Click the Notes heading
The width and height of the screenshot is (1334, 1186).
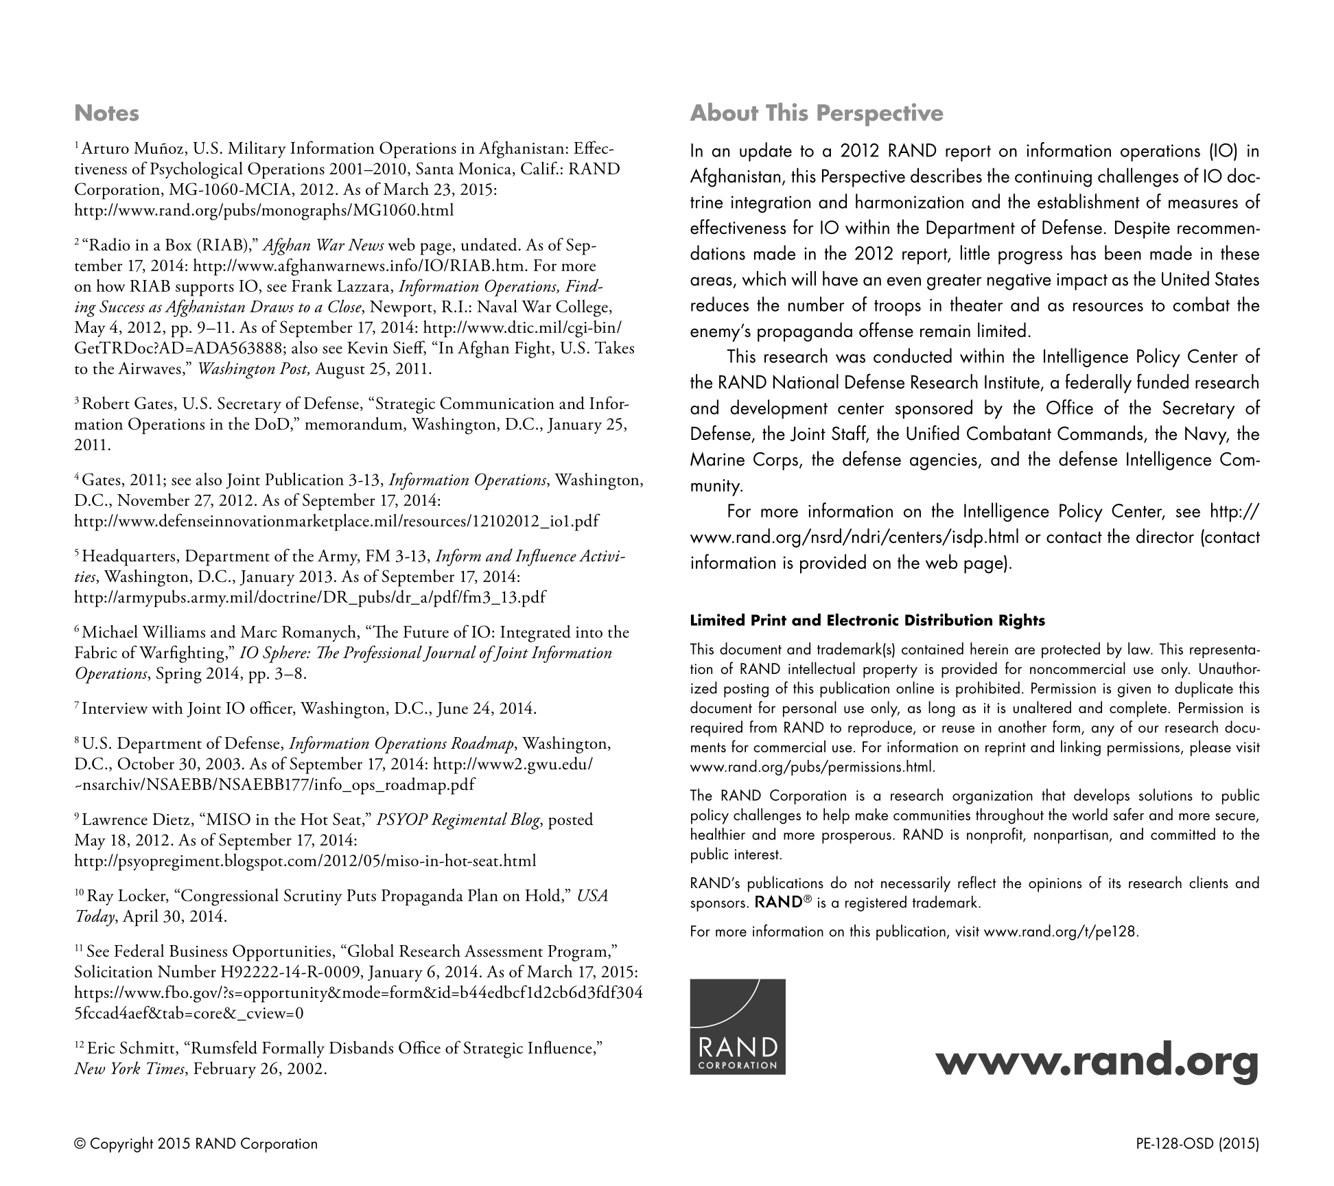point(106,113)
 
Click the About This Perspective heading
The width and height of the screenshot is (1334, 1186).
point(817,113)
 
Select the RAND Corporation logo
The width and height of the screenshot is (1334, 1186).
point(738,1026)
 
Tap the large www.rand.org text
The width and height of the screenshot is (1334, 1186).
point(1097,1063)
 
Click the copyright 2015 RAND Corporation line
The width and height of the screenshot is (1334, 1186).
point(196,1143)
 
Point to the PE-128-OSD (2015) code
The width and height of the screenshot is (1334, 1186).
point(1197,1143)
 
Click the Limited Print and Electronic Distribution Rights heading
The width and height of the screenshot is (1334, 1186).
point(867,620)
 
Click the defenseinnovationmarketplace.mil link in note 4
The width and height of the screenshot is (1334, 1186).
point(336,521)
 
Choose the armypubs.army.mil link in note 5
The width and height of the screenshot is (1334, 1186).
point(309,597)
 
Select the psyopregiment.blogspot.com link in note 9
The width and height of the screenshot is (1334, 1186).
point(305,861)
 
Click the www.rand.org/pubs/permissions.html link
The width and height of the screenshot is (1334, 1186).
point(812,767)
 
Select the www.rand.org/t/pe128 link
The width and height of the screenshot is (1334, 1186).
point(1061,931)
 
